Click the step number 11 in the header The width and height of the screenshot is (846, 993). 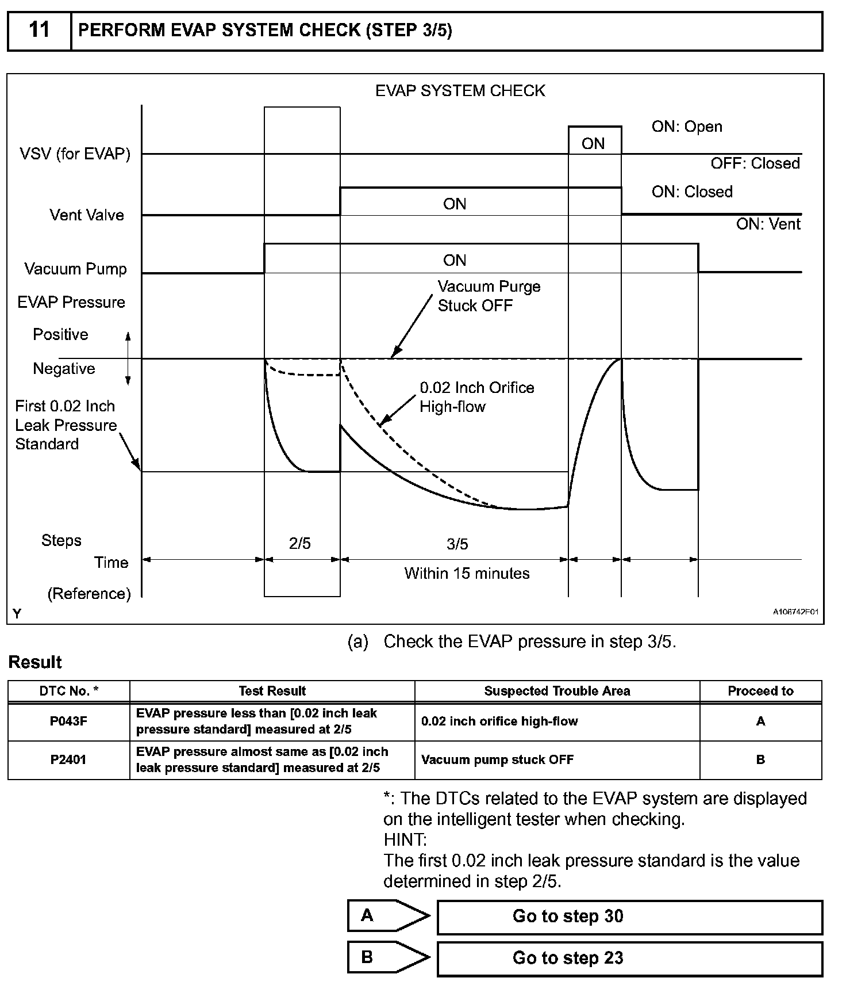(39, 30)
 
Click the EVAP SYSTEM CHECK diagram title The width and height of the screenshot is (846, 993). (460, 91)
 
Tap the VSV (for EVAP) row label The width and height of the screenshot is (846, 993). (75, 154)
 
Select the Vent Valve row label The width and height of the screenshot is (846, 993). (87, 215)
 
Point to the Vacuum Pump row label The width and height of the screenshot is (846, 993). (75, 269)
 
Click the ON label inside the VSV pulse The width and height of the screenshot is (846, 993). (593, 144)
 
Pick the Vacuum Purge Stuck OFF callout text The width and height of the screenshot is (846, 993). (489, 296)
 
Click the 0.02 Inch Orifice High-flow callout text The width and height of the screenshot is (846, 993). (476, 397)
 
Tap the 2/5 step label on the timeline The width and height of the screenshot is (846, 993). (300, 544)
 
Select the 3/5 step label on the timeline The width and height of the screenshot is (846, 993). (457, 544)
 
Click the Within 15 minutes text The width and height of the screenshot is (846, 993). (467, 574)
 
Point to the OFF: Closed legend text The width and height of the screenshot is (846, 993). (755, 164)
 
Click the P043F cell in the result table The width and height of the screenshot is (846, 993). (68, 721)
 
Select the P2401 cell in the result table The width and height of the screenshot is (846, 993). (68, 760)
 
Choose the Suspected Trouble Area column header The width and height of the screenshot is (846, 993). (557, 691)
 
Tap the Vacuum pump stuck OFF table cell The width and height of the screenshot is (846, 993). (497, 760)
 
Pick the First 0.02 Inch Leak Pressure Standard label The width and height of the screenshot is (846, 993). (66, 425)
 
